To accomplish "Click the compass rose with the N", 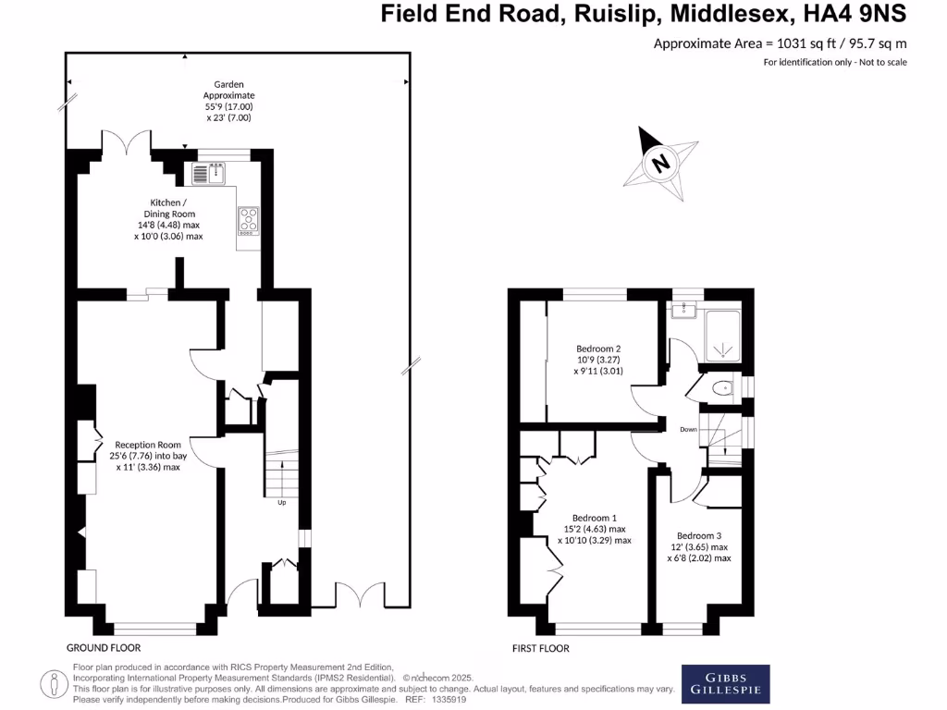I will pyautogui.click(x=660, y=165).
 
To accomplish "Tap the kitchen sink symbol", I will pyautogui.click(x=210, y=174).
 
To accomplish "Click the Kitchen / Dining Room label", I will pyautogui.click(x=168, y=219).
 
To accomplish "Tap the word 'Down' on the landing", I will pyautogui.click(x=688, y=429).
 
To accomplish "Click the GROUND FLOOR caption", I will pyautogui.click(x=104, y=647).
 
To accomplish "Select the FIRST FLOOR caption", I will pyautogui.click(x=541, y=648).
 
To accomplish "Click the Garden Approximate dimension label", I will pyautogui.click(x=228, y=101).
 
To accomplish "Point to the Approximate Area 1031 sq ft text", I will pyautogui.click(x=780, y=43).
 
